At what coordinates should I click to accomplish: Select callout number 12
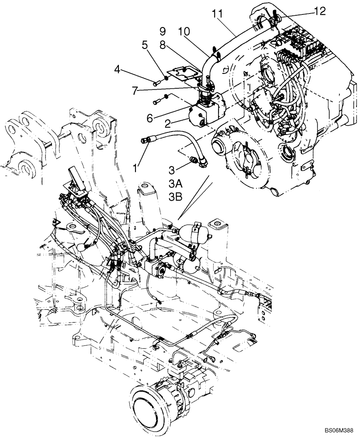[319, 12]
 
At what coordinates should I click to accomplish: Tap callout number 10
[184, 32]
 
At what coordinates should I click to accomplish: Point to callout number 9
[163, 31]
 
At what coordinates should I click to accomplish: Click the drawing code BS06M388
[338, 430]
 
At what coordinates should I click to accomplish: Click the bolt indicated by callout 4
[156, 82]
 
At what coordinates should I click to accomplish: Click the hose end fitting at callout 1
[147, 140]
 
